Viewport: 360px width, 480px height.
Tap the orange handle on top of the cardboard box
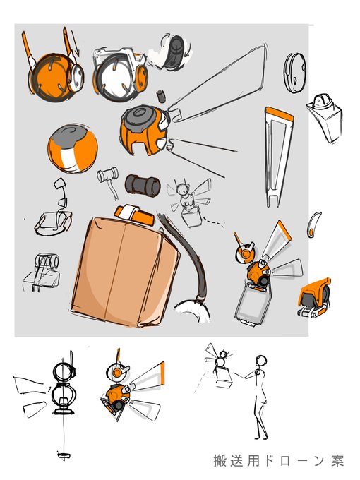point(134,215)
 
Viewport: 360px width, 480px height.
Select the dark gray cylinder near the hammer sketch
point(143,186)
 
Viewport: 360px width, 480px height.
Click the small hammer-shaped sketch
point(109,181)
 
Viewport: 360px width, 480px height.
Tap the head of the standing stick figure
point(261,361)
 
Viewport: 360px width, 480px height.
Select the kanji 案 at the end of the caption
point(337,460)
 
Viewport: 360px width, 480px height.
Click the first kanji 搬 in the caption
point(220,460)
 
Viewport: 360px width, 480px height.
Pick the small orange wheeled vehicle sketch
point(314,297)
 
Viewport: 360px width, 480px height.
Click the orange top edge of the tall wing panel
point(280,114)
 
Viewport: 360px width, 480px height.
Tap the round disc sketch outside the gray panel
point(294,73)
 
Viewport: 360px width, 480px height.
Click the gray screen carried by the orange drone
point(253,303)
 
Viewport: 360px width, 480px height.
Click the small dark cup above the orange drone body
point(161,97)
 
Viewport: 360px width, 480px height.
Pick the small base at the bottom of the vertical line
point(64,455)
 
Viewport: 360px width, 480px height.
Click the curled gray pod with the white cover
point(173,52)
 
